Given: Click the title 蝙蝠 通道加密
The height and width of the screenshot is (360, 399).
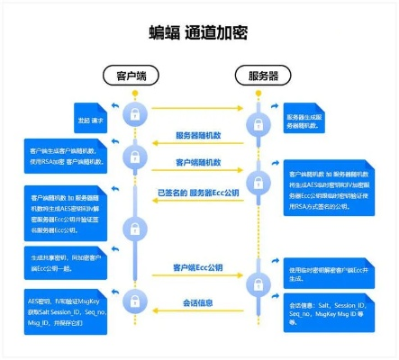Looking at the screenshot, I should [x=198, y=33].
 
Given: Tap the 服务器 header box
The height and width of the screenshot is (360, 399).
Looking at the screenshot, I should [x=262, y=75].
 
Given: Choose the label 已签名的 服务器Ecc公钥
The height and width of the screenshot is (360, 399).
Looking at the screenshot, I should [x=198, y=192].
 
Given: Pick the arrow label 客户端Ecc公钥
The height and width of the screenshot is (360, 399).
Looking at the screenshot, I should [x=198, y=269].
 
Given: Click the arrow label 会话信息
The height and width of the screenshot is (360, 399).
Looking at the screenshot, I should [x=198, y=302].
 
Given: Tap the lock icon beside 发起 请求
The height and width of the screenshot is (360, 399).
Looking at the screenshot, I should [x=134, y=114].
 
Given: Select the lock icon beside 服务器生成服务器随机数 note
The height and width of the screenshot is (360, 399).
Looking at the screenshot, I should [x=262, y=117].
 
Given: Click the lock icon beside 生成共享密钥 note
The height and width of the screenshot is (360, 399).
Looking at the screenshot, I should [x=134, y=258].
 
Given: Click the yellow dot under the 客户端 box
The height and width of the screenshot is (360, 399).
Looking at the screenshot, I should [x=134, y=93].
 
